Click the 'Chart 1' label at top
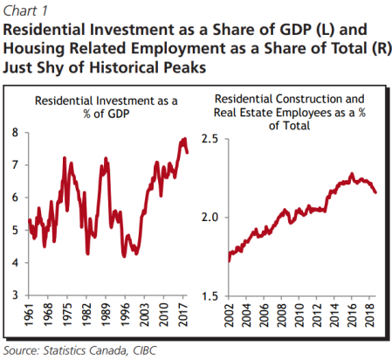point(26,10)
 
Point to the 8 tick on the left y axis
point(15,133)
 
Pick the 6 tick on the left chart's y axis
point(15,197)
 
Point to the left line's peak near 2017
point(184,139)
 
